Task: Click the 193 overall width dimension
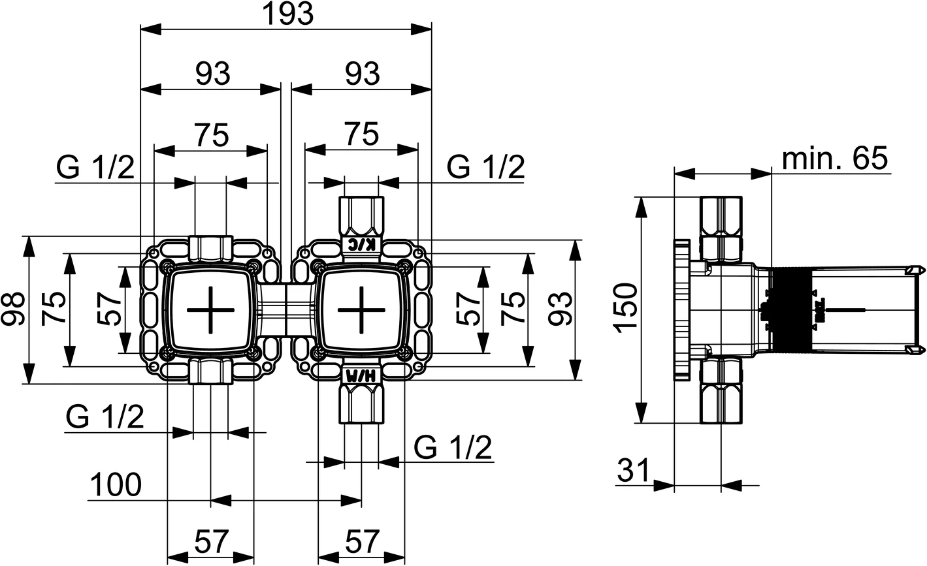tap(287, 14)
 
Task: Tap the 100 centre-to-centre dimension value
tap(115, 485)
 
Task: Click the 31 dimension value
tap(634, 471)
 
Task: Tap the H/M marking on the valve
tap(361, 375)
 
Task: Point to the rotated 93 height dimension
tap(561, 309)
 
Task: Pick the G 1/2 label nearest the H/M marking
tap(453, 448)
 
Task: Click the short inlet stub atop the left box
tap(210, 246)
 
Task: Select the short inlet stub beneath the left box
tap(210, 371)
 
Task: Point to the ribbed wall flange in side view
tap(682, 309)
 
